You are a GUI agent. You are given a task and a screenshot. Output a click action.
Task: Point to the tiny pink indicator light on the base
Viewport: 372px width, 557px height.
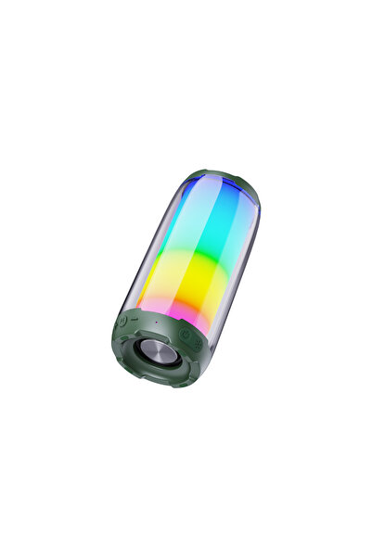[x=156, y=323]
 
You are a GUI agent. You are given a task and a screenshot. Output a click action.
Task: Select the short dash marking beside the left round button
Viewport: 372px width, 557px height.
[x=133, y=321]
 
